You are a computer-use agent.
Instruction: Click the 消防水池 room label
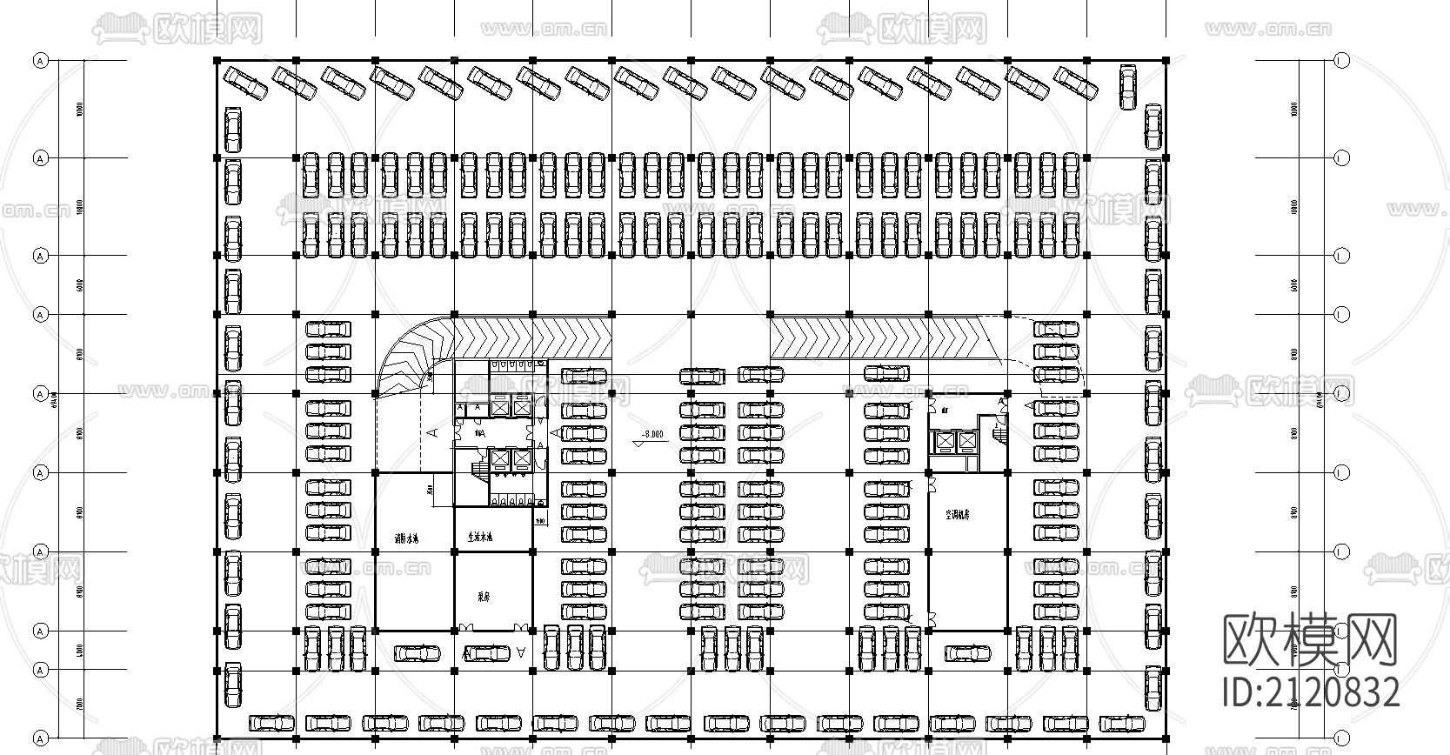(x=406, y=539)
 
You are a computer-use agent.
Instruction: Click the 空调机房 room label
(x=958, y=514)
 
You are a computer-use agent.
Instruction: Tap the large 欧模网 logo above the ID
(x=1310, y=642)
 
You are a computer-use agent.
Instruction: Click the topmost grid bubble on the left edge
(x=40, y=61)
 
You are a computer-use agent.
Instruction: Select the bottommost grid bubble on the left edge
(x=40, y=738)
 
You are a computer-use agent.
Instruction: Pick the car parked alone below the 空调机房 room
(x=968, y=652)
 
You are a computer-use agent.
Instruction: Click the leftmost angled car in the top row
(x=246, y=83)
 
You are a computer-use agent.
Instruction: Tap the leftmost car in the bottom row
(x=272, y=723)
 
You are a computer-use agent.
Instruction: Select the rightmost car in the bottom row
(x=1122, y=723)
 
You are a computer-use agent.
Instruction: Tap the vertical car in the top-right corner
(x=1127, y=87)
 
